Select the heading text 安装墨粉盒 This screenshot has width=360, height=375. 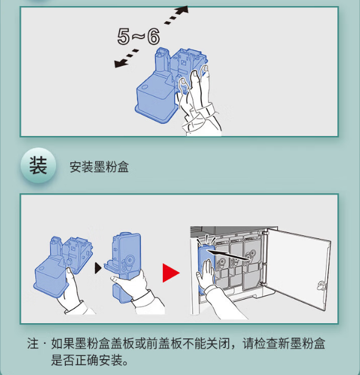tap(99, 167)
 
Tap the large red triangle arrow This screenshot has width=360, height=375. tap(171, 273)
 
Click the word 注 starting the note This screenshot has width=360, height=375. tap(33, 344)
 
